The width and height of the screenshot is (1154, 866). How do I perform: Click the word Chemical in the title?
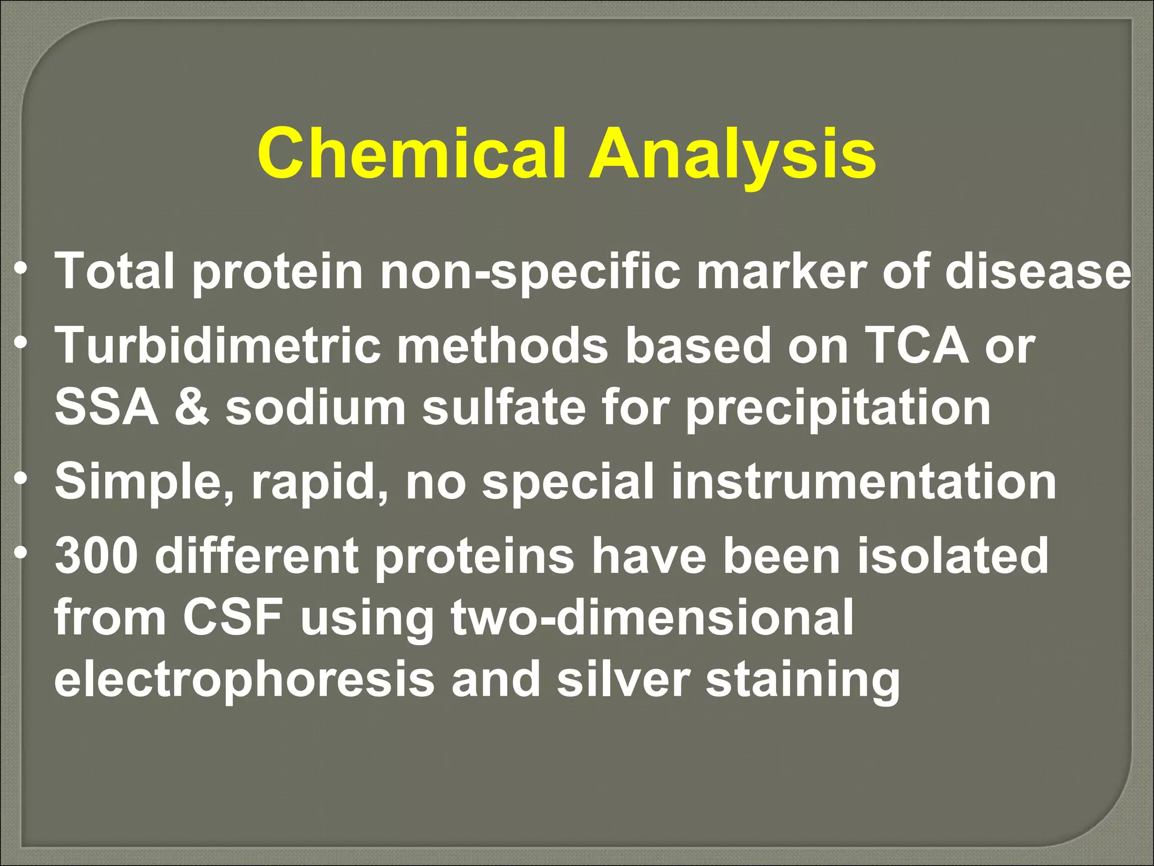click(411, 153)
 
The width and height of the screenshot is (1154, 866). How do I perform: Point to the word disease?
click(1037, 271)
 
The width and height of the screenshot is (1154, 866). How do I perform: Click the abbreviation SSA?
click(106, 407)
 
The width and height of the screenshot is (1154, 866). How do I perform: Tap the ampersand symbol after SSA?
click(192, 407)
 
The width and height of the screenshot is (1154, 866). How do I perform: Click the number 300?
click(96, 556)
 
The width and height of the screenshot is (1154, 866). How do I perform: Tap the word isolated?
click(952, 556)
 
